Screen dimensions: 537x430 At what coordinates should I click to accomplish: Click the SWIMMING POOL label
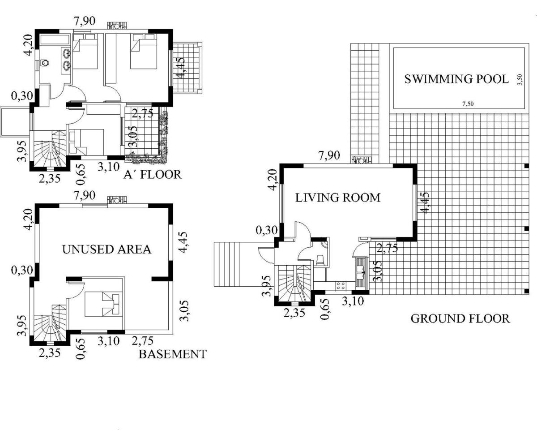pyautogui.click(x=456, y=79)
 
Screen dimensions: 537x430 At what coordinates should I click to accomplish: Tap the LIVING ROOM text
pyautogui.click(x=338, y=198)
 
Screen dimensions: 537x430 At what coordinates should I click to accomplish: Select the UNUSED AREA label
pyautogui.click(x=107, y=249)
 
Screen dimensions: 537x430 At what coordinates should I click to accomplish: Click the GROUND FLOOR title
pyautogui.click(x=460, y=318)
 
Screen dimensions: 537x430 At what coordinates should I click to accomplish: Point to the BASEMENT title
pyautogui.click(x=172, y=354)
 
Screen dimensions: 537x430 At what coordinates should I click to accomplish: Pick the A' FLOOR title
pyautogui.click(x=153, y=174)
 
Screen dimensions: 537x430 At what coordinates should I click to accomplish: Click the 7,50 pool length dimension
pyautogui.click(x=468, y=103)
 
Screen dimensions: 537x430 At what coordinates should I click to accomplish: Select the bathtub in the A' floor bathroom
pyautogui.click(x=55, y=39)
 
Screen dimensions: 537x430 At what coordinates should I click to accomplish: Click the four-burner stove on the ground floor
pyautogui.click(x=341, y=286)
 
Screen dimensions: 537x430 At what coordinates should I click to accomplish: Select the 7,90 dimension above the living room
pyautogui.click(x=329, y=156)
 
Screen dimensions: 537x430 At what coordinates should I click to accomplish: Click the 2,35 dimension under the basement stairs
pyautogui.click(x=50, y=353)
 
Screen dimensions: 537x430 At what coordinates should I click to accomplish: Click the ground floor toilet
pyautogui.click(x=320, y=260)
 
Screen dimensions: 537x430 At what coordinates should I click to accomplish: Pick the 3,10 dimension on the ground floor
pyautogui.click(x=353, y=301)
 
